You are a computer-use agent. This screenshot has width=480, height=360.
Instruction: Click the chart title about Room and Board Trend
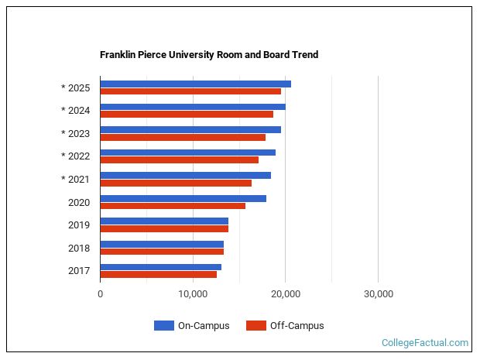(208, 55)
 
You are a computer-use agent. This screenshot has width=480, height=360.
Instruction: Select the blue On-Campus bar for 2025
(195, 84)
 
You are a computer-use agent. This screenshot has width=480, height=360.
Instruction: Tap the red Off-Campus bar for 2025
(190, 91)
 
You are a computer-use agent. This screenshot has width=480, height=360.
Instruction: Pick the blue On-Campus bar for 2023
(190, 129)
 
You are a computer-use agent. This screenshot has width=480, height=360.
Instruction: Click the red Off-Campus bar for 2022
(179, 160)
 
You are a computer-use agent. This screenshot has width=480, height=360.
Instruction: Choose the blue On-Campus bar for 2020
(183, 198)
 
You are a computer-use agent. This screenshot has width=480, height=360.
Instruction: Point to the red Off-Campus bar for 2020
(173, 206)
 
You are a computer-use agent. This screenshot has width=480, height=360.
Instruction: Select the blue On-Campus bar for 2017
(160, 267)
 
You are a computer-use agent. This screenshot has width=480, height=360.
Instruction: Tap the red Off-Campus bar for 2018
(162, 252)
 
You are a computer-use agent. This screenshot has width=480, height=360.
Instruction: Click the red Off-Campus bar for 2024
(187, 115)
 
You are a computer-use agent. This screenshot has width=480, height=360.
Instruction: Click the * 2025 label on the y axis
(75, 87)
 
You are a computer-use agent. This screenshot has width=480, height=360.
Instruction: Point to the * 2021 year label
(75, 180)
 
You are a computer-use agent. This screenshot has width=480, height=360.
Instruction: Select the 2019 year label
(79, 225)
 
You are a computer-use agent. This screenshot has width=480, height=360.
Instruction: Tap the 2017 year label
(79, 271)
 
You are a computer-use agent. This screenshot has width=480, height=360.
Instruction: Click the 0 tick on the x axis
(101, 294)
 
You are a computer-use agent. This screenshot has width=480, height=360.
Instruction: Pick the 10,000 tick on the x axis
(193, 294)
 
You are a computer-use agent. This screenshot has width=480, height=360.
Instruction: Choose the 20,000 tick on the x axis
(285, 294)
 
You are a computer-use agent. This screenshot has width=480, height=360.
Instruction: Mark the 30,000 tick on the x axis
(378, 294)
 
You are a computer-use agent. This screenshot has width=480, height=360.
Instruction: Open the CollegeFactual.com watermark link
(425, 342)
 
